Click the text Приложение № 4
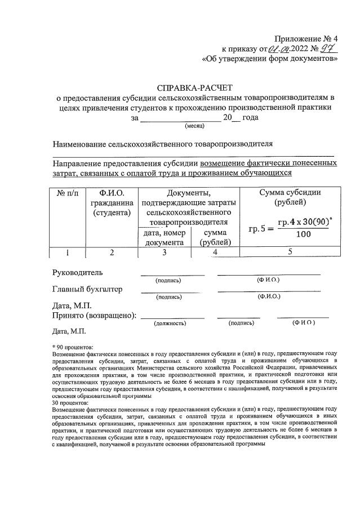[306, 38]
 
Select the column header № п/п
[68, 193]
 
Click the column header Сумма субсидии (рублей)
[290, 198]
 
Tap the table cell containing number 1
[68, 252]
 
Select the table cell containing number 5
[290, 252]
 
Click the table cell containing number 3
[164, 252]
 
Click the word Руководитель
[77, 273]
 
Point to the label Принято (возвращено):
[94, 316]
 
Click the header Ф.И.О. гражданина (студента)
[112, 203]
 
